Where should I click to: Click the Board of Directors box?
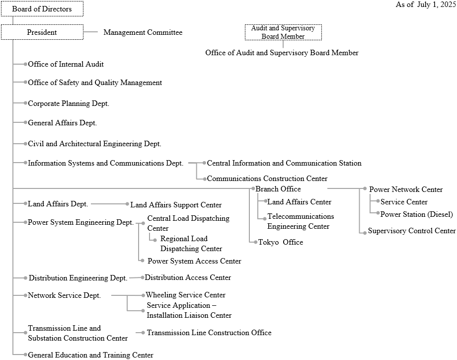(x=42, y=9)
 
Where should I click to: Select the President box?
(x=42, y=32)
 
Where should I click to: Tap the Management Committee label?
(x=143, y=32)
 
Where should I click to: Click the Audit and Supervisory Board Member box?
(x=283, y=32)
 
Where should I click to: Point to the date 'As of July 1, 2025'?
(x=426, y=4)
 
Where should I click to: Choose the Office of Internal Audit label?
(x=66, y=64)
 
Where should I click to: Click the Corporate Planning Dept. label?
(x=69, y=103)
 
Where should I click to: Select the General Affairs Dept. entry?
(x=62, y=123)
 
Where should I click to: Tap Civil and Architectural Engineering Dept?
(x=94, y=144)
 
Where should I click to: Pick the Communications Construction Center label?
(x=267, y=179)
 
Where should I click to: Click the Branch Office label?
(x=278, y=189)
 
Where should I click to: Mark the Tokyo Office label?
(x=280, y=242)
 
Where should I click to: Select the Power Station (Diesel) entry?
(x=417, y=214)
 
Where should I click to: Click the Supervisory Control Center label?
(x=412, y=231)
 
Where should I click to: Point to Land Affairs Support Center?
(x=176, y=205)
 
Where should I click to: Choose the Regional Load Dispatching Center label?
(x=191, y=244)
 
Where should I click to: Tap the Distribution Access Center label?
(x=188, y=277)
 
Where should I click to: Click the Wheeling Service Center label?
(x=185, y=295)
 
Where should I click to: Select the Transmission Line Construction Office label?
(x=209, y=333)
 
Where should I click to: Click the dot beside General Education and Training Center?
(x=25, y=355)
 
